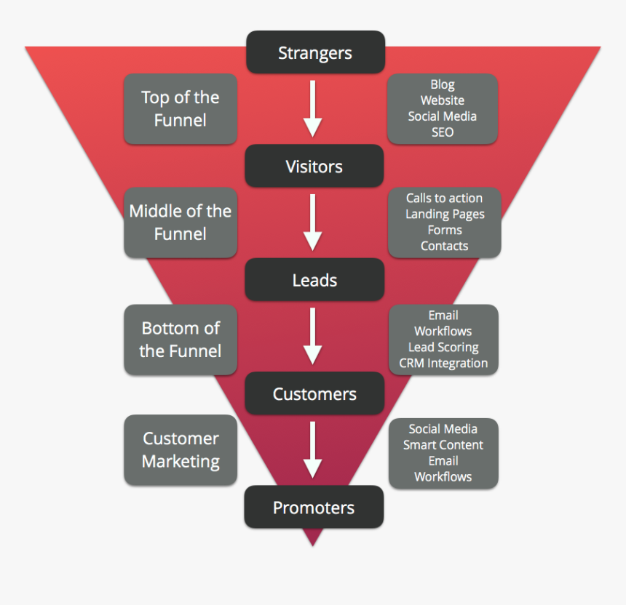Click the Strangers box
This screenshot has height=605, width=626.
314,52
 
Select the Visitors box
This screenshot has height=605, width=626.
314,167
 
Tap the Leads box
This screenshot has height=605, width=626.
314,280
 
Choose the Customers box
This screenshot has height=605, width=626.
314,394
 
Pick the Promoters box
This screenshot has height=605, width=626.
314,508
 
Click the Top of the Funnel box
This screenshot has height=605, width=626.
181,108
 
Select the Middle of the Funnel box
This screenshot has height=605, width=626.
181,223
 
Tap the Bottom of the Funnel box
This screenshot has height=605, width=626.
181,340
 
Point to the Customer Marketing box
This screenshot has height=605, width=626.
181,450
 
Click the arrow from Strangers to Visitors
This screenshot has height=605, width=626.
313,108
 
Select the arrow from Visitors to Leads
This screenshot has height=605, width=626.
313,223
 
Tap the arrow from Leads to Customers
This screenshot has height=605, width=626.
313,336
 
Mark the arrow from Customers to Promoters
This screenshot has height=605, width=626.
313,450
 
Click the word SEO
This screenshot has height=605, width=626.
443,132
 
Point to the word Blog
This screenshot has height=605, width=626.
443,84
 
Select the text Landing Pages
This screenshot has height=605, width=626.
445,214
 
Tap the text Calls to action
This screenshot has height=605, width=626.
444,198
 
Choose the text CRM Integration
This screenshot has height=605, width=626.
443,363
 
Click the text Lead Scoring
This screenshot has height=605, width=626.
443,347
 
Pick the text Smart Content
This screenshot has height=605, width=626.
443,444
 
